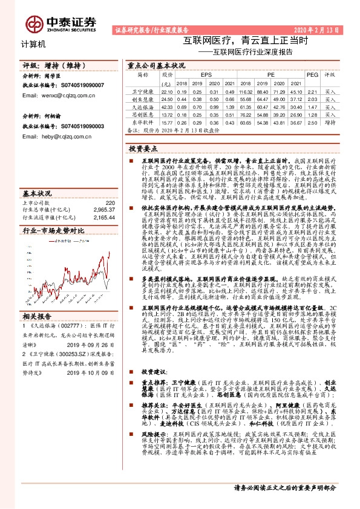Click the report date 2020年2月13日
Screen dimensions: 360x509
click(324, 29)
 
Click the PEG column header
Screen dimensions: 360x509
click(312, 76)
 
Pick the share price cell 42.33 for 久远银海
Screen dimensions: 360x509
click(167, 106)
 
